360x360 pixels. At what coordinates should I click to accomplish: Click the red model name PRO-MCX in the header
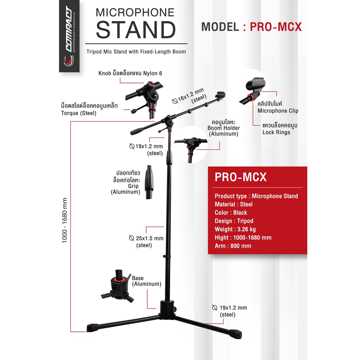(x=276, y=27)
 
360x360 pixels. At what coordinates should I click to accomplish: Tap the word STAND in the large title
(x=136, y=30)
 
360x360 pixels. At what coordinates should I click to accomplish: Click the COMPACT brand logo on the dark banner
(x=69, y=36)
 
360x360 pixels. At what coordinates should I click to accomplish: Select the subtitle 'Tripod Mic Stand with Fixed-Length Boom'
(x=136, y=52)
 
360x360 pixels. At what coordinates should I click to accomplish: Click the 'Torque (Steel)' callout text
(x=79, y=113)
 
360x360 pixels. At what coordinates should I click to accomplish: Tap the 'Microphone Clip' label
(x=278, y=111)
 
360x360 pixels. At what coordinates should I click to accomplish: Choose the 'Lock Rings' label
(x=276, y=133)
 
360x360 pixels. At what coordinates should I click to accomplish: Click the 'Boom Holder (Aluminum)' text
(x=224, y=131)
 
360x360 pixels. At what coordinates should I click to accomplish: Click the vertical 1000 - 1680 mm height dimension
(x=65, y=220)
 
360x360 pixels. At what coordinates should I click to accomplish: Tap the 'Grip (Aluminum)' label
(x=126, y=189)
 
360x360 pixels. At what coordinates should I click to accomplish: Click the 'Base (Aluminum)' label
(x=147, y=281)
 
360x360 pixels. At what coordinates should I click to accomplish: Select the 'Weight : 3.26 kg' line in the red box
(x=235, y=229)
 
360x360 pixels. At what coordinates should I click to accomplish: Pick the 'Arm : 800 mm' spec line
(x=233, y=246)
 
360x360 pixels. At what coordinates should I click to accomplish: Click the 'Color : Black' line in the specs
(x=231, y=213)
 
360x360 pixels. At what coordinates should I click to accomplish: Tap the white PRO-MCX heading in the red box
(x=240, y=177)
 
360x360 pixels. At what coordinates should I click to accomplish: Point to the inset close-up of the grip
(x=149, y=182)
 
